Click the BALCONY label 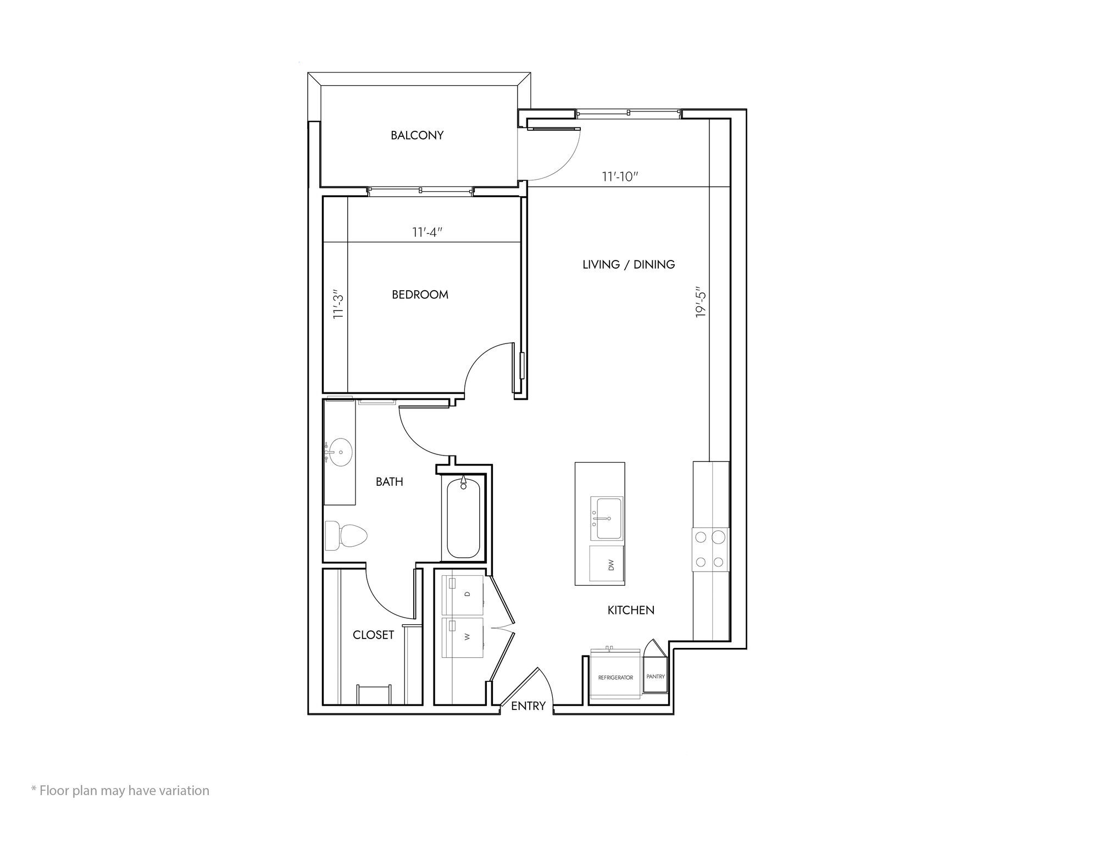[417, 135]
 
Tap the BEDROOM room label [420, 295]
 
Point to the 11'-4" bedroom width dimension [428, 232]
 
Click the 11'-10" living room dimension [620, 177]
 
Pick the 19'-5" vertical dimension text [700, 302]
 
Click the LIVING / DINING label [629, 264]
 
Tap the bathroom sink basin [339, 452]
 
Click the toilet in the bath [346, 535]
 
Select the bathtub [463, 518]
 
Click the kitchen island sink [607, 519]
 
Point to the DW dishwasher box [607, 564]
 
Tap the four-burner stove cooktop [710, 549]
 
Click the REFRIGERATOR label [615, 678]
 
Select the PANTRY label [656, 676]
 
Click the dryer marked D [463, 595]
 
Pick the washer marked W [463, 637]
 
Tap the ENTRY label [528, 706]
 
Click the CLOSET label [373, 635]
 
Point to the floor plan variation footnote [120, 791]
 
